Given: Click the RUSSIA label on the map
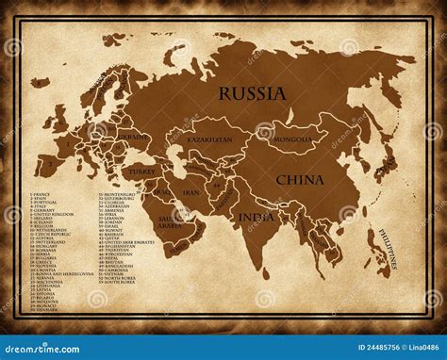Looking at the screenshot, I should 252,93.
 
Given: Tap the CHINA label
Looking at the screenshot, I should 300,179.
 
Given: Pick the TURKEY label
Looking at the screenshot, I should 142,172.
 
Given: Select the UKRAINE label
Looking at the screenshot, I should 133,138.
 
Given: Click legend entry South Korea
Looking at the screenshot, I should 115,282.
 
